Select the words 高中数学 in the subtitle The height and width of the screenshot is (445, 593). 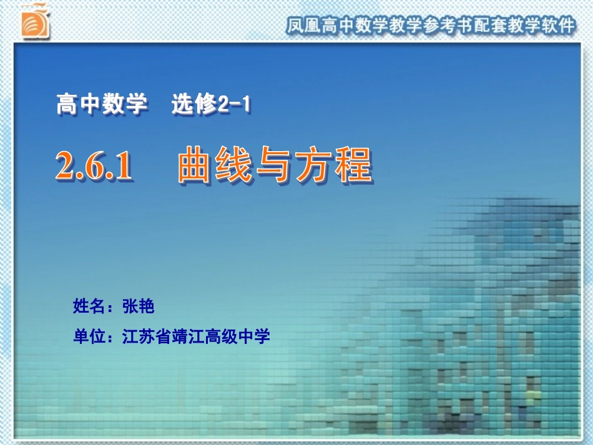(x=102, y=104)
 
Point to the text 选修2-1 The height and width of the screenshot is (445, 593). (x=211, y=104)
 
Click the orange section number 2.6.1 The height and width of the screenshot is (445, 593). (x=94, y=167)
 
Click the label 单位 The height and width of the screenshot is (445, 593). (x=86, y=337)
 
